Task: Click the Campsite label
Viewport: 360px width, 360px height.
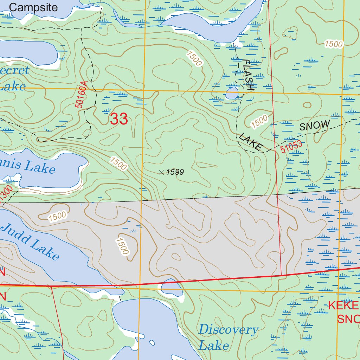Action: coord(33,7)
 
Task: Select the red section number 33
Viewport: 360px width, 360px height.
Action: coord(119,119)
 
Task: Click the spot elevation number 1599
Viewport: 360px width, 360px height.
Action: coord(175,172)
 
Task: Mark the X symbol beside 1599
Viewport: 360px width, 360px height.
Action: coord(161,172)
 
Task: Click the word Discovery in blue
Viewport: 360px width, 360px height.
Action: coord(229,330)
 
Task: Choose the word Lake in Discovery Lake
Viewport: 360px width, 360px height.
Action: coord(214,345)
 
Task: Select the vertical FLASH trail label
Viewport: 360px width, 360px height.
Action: coord(248,75)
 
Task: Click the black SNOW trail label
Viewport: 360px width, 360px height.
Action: coord(315,126)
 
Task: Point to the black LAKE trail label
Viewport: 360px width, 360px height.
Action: coord(251,142)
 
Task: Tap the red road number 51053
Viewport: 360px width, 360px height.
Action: coord(291,146)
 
